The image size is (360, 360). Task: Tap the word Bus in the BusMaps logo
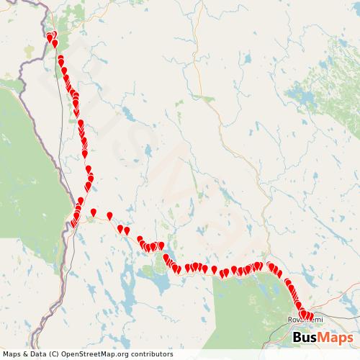pos(308,338)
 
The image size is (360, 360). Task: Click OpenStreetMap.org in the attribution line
pos(93,354)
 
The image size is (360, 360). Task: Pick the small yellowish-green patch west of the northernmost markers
pos(29,52)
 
